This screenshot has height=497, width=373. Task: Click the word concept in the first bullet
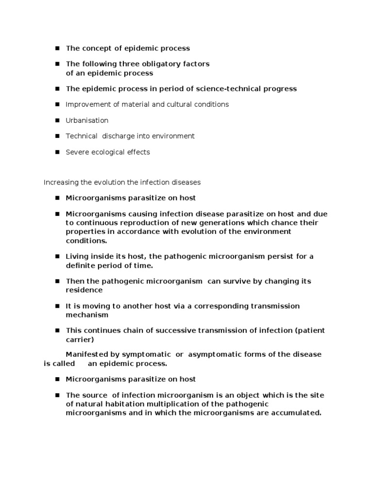click(x=96, y=49)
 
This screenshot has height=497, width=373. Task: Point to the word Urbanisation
click(x=87, y=120)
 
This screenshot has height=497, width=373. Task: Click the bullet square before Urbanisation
click(x=56, y=120)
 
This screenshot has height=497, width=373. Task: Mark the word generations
click(x=208, y=223)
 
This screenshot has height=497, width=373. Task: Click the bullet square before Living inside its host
click(x=56, y=257)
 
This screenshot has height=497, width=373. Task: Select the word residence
click(x=84, y=290)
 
